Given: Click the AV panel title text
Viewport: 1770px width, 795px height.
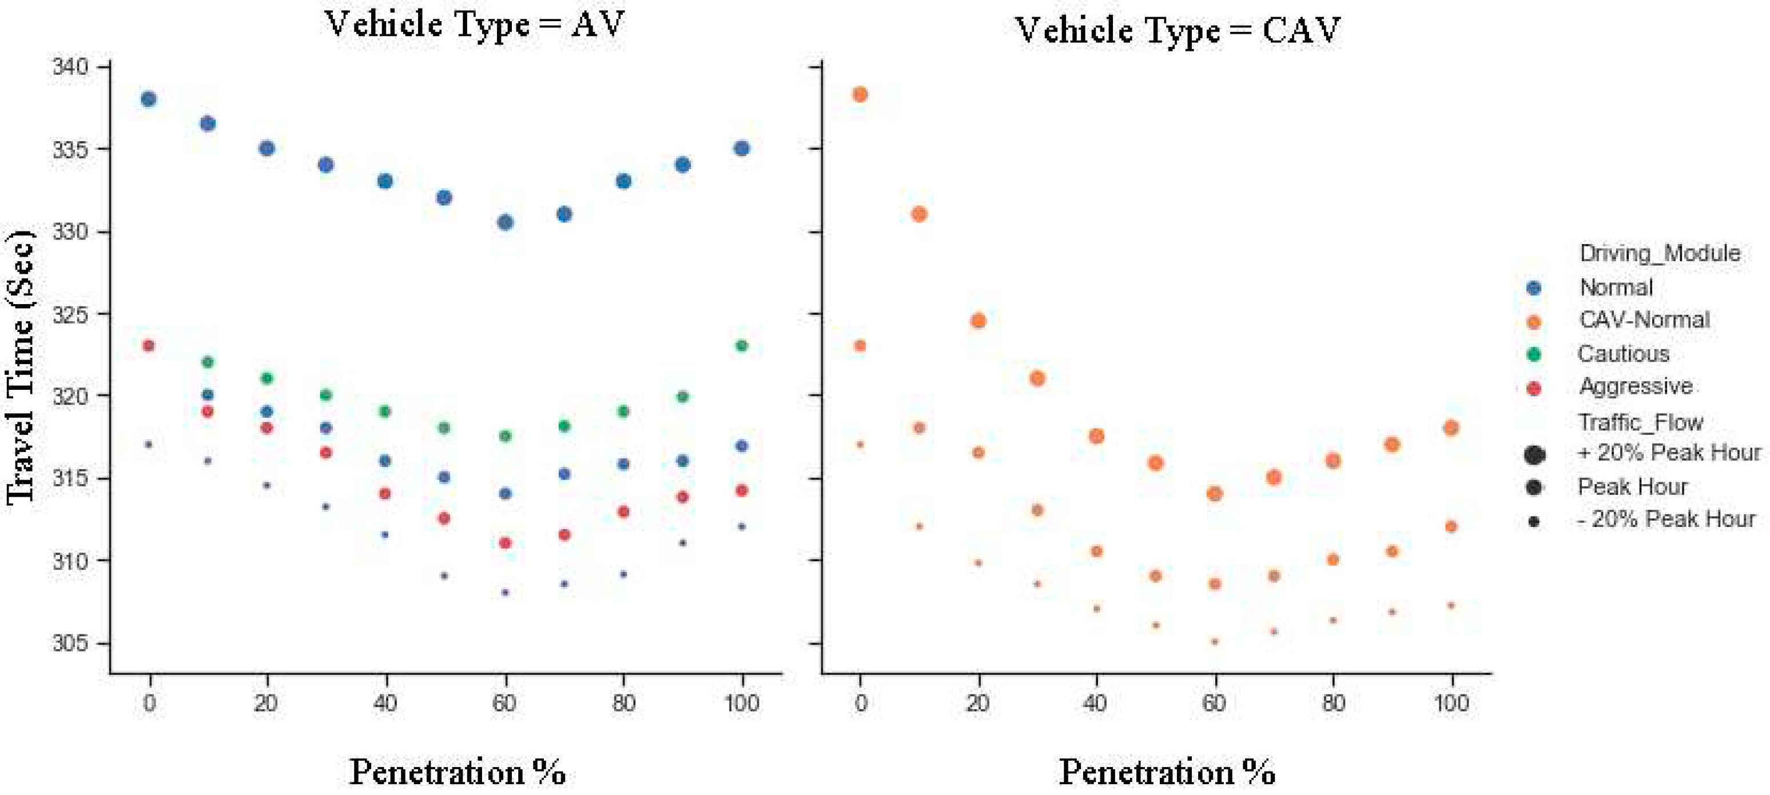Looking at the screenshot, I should [474, 25].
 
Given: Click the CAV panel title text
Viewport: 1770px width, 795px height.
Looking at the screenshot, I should [1177, 30].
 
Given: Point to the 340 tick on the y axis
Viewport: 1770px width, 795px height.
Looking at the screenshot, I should [70, 67].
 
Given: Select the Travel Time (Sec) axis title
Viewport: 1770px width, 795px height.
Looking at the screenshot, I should [21, 367].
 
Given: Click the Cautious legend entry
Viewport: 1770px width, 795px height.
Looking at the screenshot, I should [1622, 354].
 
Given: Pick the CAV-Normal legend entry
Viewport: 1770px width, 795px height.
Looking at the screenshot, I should [1643, 320].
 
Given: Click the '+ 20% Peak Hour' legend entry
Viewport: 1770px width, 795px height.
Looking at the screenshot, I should [1668, 453].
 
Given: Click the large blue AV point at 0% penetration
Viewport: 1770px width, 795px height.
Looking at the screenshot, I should [149, 99].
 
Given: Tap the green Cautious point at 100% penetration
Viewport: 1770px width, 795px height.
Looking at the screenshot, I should [741, 345].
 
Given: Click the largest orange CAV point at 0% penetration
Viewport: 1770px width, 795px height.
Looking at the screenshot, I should [860, 94].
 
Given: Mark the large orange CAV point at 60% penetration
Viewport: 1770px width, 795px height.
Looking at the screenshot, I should [1214, 494].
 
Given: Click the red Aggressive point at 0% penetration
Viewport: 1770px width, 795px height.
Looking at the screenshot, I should [149, 345].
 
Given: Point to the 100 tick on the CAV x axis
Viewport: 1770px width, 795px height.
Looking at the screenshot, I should [1451, 703].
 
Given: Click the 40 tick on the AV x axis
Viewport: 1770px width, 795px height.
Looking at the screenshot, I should [385, 703].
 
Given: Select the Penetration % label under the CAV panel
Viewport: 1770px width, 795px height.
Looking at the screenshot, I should [1167, 772].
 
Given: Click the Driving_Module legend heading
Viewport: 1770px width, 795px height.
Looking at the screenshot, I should [1660, 253].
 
